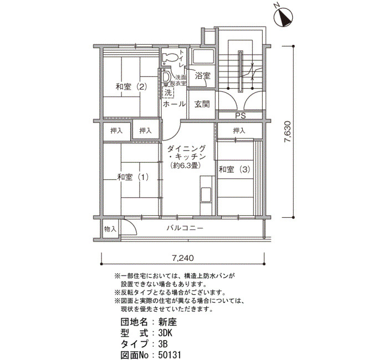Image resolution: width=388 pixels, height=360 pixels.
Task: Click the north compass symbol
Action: [x=284, y=17]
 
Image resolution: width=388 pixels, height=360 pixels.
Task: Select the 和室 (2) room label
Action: [x=131, y=87]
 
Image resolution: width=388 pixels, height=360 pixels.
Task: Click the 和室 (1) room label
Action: [x=133, y=177]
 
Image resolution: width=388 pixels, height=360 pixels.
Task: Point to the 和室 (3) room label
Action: [x=234, y=169]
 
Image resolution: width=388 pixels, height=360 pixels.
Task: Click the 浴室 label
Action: [x=203, y=76]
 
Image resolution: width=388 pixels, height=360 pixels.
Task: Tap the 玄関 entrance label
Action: [x=202, y=104]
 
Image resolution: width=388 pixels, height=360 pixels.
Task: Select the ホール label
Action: [x=174, y=104]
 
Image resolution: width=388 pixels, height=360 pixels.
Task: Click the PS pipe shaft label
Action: [x=240, y=115]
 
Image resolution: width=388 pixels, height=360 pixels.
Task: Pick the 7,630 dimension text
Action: [x=288, y=132]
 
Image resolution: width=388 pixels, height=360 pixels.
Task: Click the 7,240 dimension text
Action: [x=183, y=258]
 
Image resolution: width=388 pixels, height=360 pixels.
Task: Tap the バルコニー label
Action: [x=185, y=228]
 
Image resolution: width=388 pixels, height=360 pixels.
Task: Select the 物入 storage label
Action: [x=110, y=229]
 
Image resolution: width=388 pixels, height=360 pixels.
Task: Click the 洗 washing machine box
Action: [x=169, y=93]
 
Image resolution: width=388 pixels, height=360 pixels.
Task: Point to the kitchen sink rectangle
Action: [x=206, y=194]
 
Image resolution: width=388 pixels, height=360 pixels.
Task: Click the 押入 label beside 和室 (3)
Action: [x=239, y=130]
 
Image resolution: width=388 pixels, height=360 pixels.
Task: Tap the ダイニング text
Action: [x=187, y=148]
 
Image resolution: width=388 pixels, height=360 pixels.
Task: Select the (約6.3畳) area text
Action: [x=185, y=166]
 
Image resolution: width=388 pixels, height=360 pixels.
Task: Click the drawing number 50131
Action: [x=169, y=355]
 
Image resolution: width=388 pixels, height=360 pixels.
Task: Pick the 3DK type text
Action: [x=165, y=333]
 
